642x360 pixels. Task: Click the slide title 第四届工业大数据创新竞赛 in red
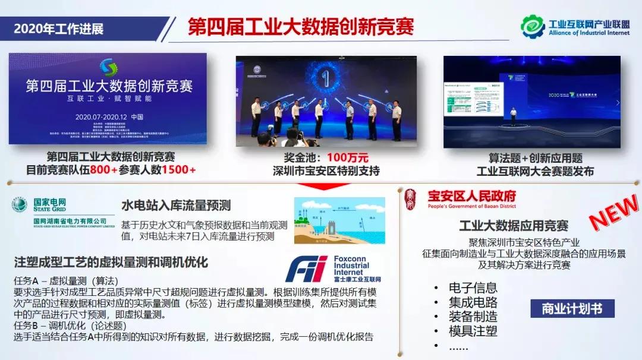point(301,27)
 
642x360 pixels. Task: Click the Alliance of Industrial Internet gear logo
point(533,26)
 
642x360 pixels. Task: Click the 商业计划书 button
point(572,309)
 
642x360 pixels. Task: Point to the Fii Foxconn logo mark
point(306,269)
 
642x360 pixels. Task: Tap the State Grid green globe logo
point(20,205)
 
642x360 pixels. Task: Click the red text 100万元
point(348,158)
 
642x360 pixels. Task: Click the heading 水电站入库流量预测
point(176,206)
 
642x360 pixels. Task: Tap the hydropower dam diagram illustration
point(339,220)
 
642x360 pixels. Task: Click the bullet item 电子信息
point(473,288)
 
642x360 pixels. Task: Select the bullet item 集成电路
point(473,302)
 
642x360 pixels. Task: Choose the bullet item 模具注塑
point(473,331)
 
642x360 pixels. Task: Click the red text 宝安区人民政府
point(472,196)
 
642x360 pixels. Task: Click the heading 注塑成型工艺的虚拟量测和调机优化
point(111,262)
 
